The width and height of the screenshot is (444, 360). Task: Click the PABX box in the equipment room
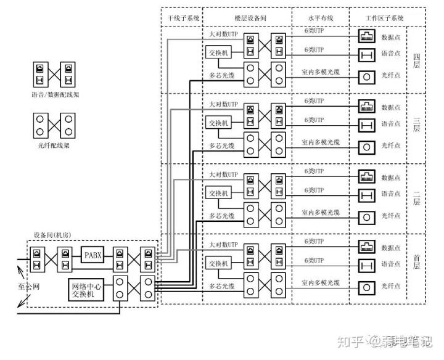pos(94,255)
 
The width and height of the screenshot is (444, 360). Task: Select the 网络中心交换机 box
pos(86,289)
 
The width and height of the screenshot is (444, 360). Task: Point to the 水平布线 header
pos(321,18)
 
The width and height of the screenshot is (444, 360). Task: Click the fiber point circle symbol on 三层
pos(367,147)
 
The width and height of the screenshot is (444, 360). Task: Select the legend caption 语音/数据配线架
pos(55,95)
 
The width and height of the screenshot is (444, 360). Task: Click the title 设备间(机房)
pos(52,237)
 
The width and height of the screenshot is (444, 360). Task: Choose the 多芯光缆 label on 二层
pos(222,216)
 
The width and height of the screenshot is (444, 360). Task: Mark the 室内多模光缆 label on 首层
pos(321,283)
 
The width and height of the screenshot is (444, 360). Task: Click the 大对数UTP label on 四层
pos(223,35)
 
